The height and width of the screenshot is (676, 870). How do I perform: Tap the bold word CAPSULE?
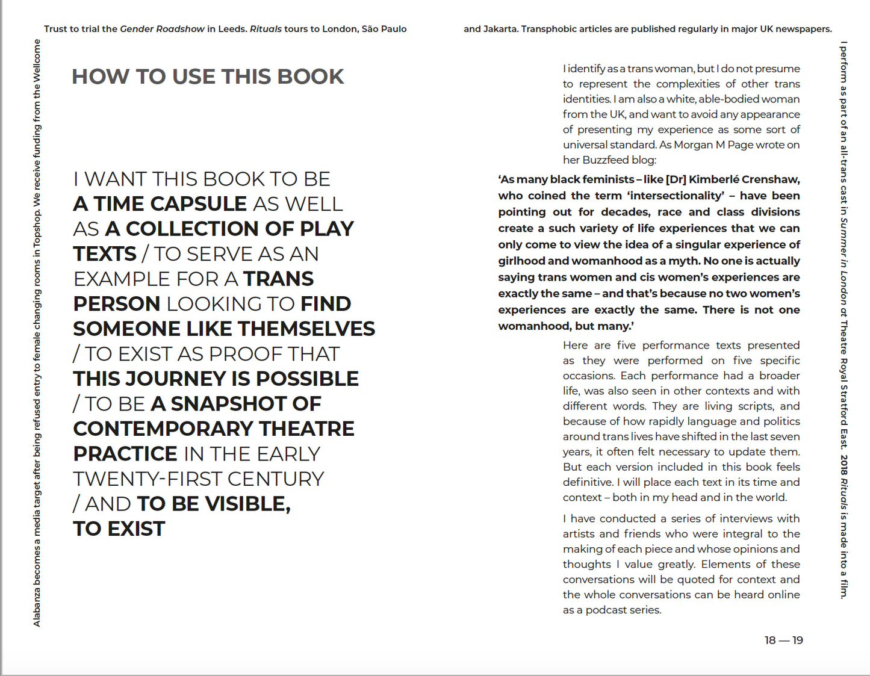point(198,204)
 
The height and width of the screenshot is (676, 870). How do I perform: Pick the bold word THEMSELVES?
point(306,329)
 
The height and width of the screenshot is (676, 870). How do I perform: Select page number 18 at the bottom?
point(770,640)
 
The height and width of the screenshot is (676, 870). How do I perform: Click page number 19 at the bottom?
point(798,640)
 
